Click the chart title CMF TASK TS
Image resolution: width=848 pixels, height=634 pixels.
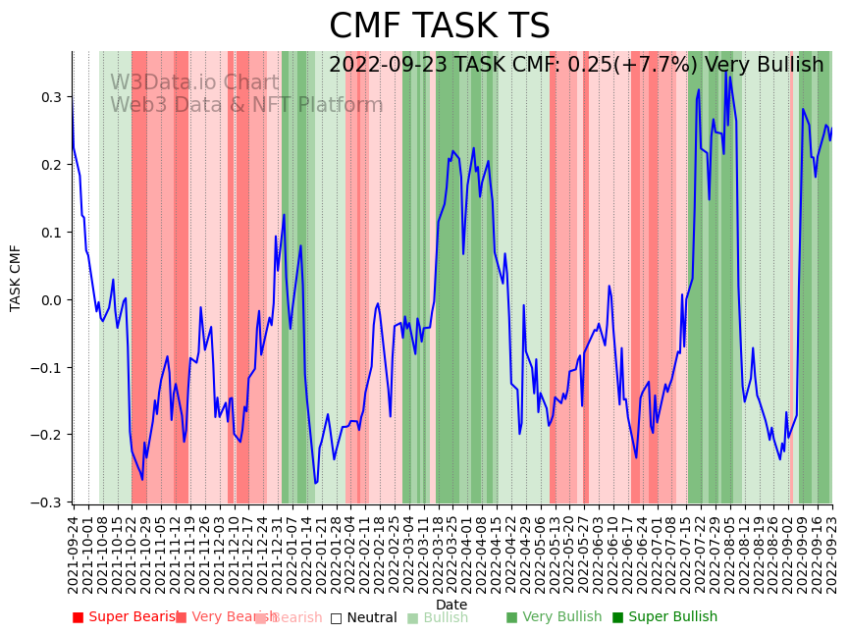pos(439,26)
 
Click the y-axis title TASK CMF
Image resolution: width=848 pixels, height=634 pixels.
pos(16,278)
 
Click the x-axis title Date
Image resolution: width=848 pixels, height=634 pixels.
pos(451,605)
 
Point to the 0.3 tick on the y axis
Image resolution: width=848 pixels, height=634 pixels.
pos(51,97)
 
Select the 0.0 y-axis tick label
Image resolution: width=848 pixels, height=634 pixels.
pos(51,300)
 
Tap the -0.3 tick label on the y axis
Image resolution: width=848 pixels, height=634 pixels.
pos(47,502)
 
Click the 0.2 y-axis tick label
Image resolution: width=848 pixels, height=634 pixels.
pos(51,165)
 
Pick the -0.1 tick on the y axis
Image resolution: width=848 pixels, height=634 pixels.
pos(47,368)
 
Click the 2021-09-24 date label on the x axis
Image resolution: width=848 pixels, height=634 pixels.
pos(73,554)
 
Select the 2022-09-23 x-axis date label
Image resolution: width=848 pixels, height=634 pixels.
pos(833,554)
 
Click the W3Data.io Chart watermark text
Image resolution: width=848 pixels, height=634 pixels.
pos(194,82)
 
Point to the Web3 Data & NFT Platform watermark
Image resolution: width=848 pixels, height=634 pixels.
pos(246,105)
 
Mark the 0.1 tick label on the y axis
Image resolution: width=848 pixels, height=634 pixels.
pos(51,233)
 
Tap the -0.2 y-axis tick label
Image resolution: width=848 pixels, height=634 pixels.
pos(47,435)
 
